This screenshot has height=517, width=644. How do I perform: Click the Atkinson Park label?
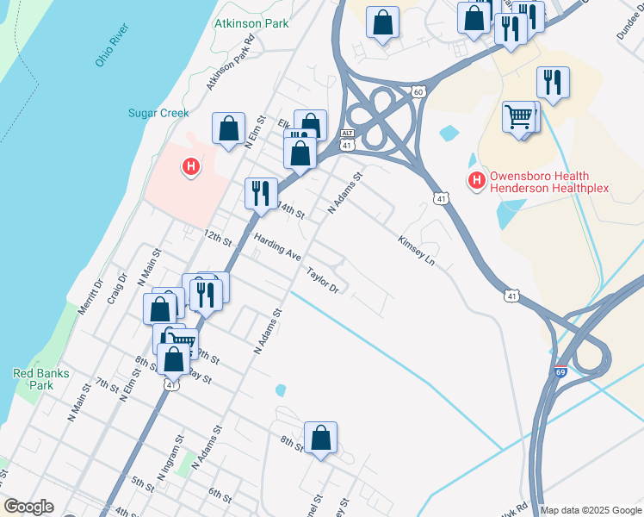tap(251, 24)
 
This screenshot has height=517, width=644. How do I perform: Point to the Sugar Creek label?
tap(158, 114)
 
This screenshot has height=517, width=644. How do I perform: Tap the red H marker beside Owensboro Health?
tap(474, 180)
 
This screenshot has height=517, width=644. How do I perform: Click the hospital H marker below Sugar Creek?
tap(191, 166)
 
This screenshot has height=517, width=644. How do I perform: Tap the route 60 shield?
tap(418, 91)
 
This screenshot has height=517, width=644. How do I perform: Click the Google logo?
tap(28, 507)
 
